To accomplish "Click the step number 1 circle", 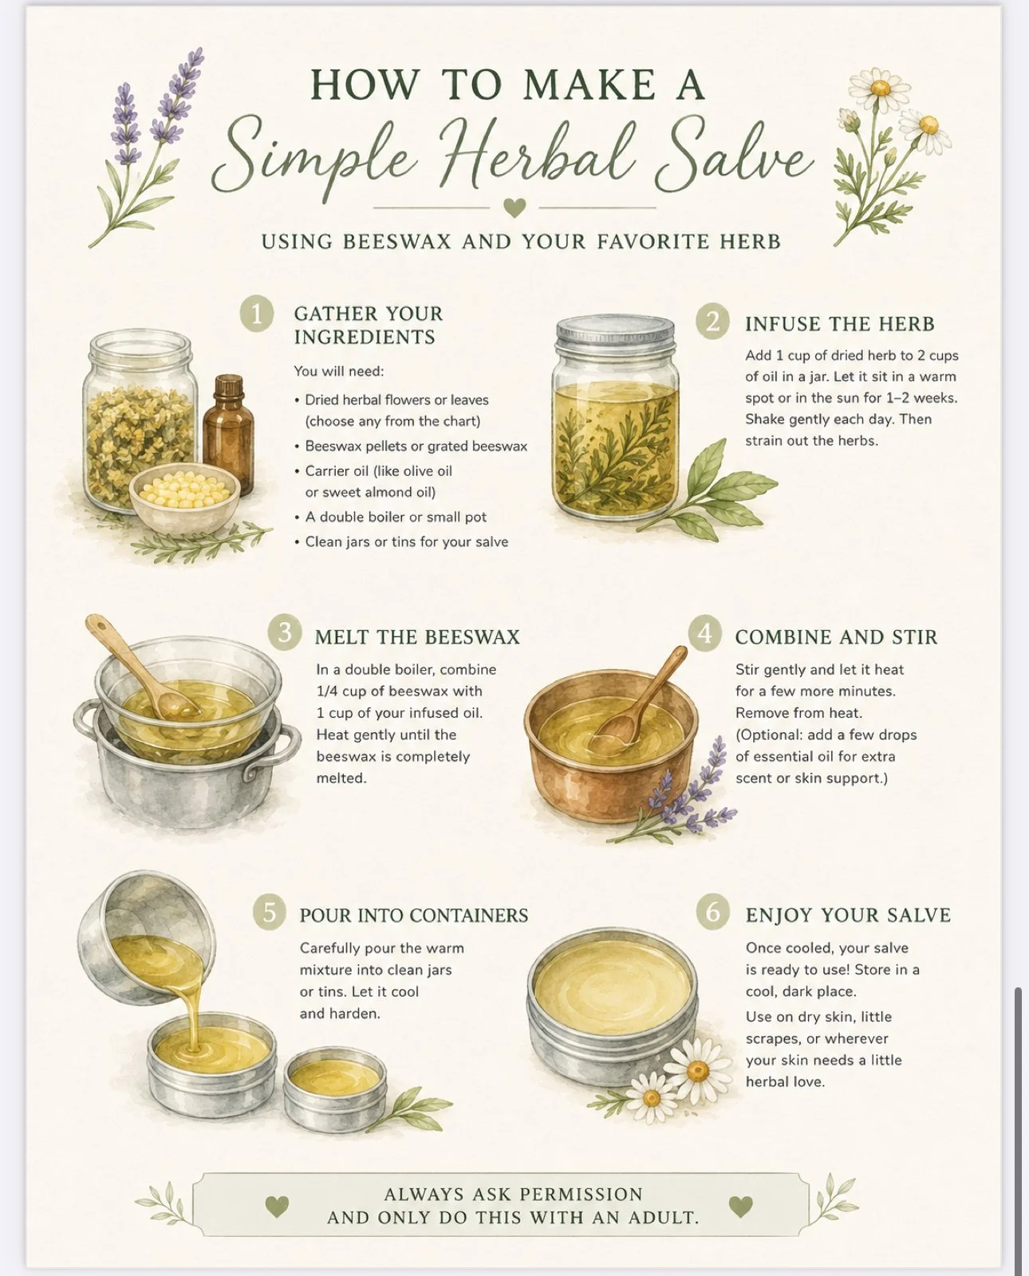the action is tap(257, 313).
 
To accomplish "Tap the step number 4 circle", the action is tap(705, 632).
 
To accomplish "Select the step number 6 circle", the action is tap(713, 912).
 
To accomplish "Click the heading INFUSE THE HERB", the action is tap(840, 325).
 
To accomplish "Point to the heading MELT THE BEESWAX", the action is tap(417, 637).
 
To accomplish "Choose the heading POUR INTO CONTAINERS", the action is tap(413, 916).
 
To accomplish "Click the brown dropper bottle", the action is tap(228, 431).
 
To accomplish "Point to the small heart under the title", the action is tap(514, 207).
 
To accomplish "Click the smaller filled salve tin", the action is tap(335, 1082).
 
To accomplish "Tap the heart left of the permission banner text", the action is tap(276, 1206).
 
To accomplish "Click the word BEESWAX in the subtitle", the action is tap(397, 242).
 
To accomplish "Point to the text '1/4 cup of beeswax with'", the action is tap(399, 691).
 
